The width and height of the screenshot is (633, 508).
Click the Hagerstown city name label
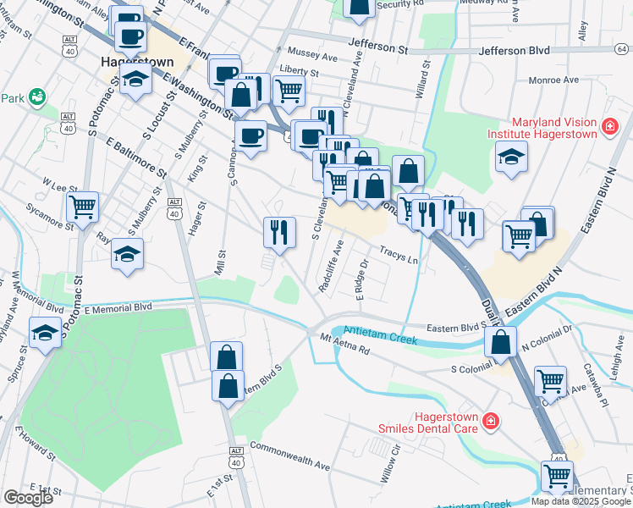137,62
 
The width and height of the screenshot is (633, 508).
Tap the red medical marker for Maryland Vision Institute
608,128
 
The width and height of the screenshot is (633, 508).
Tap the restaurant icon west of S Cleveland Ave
279,231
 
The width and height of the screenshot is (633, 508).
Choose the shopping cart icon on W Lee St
83,207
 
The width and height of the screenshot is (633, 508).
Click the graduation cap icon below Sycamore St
127,253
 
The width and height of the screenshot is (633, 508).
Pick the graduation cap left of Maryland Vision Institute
510,157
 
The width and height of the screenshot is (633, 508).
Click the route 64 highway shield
621,49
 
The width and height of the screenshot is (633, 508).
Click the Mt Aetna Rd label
345,347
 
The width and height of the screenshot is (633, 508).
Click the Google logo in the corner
28,498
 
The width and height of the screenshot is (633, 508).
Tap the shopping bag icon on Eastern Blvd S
500,341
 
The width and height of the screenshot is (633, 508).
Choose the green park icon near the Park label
37,97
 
